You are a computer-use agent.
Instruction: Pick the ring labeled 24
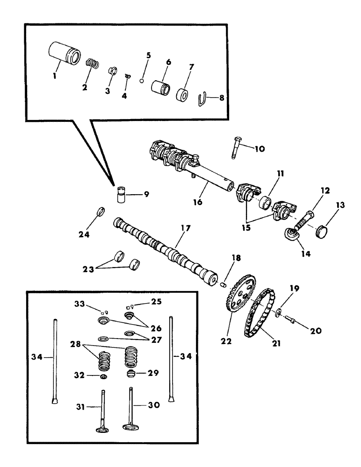100,212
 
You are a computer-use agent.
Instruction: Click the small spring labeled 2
92,63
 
